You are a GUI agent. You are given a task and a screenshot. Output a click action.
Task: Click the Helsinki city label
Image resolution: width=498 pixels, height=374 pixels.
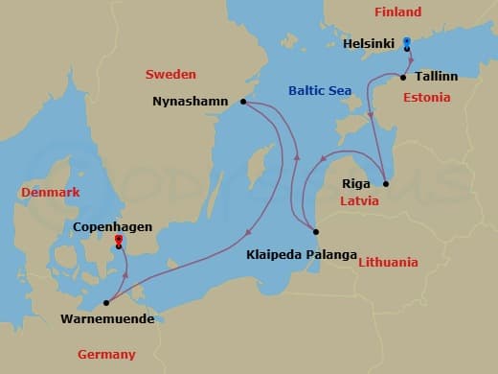pyautogui.click(x=370, y=43)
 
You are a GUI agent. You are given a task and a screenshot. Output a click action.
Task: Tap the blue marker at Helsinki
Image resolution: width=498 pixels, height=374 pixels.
pyautogui.click(x=406, y=42)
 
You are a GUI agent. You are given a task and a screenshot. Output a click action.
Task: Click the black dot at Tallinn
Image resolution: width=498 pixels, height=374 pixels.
pyautogui.click(x=403, y=77)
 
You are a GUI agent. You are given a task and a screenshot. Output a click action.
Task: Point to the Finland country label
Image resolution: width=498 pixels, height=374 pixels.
pyautogui.click(x=396, y=12)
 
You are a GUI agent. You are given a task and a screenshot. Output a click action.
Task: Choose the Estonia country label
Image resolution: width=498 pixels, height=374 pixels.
pyautogui.click(x=426, y=98)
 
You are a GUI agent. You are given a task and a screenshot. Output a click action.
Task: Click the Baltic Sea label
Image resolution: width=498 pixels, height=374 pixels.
pyautogui.click(x=320, y=91)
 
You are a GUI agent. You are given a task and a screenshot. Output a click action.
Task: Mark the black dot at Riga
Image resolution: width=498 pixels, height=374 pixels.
pyautogui.click(x=385, y=183)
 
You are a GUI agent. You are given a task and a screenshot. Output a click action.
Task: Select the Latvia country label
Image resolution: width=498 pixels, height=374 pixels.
pyautogui.click(x=359, y=201)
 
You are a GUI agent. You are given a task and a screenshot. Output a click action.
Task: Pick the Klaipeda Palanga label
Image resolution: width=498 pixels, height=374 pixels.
pyautogui.click(x=301, y=255)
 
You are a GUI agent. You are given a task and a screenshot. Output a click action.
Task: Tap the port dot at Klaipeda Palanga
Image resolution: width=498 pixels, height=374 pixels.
pyautogui.click(x=315, y=231)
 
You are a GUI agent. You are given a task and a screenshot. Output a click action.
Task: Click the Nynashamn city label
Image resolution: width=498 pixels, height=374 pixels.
pyautogui.click(x=192, y=101)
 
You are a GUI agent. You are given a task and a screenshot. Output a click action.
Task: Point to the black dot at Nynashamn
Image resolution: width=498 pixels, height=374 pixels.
pyautogui.click(x=243, y=101)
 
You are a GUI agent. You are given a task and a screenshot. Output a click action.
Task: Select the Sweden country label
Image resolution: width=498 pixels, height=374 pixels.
pyautogui.click(x=170, y=74)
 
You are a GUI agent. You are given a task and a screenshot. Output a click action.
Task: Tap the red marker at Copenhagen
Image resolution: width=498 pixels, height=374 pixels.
pyautogui.click(x=118, y=239)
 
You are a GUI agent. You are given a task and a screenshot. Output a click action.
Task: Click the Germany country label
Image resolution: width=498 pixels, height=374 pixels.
pyautogui.click(x=106, y=355)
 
